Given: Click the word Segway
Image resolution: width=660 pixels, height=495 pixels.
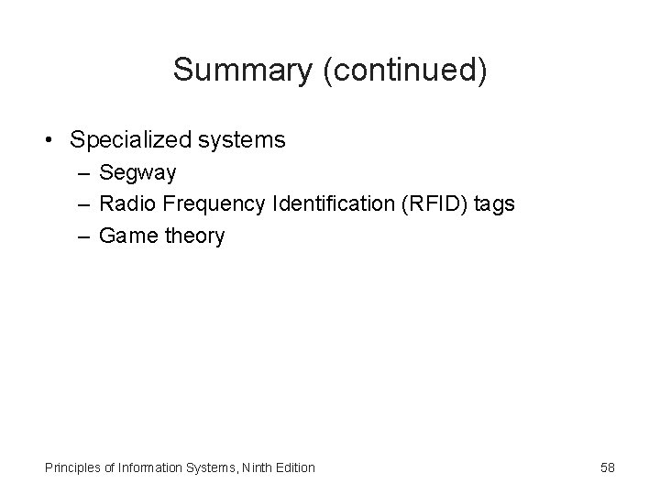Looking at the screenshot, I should coord(137,173).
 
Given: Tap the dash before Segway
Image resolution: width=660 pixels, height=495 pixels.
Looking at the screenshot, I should coord(83,172).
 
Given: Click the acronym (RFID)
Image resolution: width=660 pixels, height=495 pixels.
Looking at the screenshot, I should coord(433,203).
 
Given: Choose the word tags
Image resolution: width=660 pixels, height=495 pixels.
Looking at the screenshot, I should coord(496,204).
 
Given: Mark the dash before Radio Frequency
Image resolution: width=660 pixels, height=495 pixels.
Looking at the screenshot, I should coord(83,203).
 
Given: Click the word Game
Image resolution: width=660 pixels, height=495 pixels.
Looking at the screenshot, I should coord(127,236).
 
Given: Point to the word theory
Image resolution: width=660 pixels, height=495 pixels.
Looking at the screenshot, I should coord(193,236).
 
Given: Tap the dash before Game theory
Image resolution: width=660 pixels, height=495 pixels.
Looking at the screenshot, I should coord(83,236).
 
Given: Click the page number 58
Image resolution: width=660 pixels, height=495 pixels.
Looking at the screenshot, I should coord(607,467).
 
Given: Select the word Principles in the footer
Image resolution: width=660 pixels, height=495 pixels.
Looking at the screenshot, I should coord(72,467).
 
